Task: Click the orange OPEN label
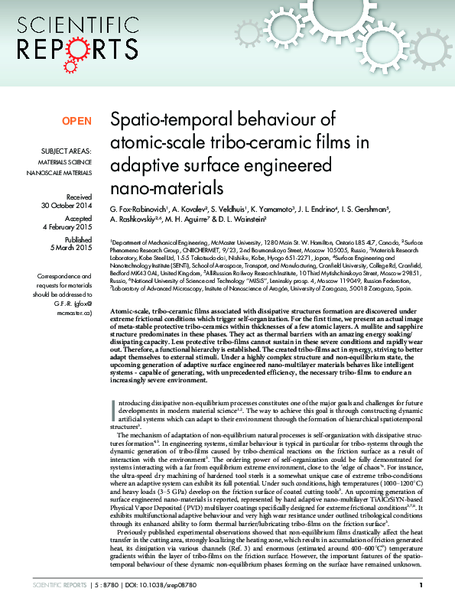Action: click(76, 121)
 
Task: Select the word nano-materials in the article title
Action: click(158, 187)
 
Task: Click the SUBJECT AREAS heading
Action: click(67, 152)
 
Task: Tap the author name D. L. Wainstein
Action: click(238, 219)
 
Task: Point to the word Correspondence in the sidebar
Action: click(67, 275)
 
